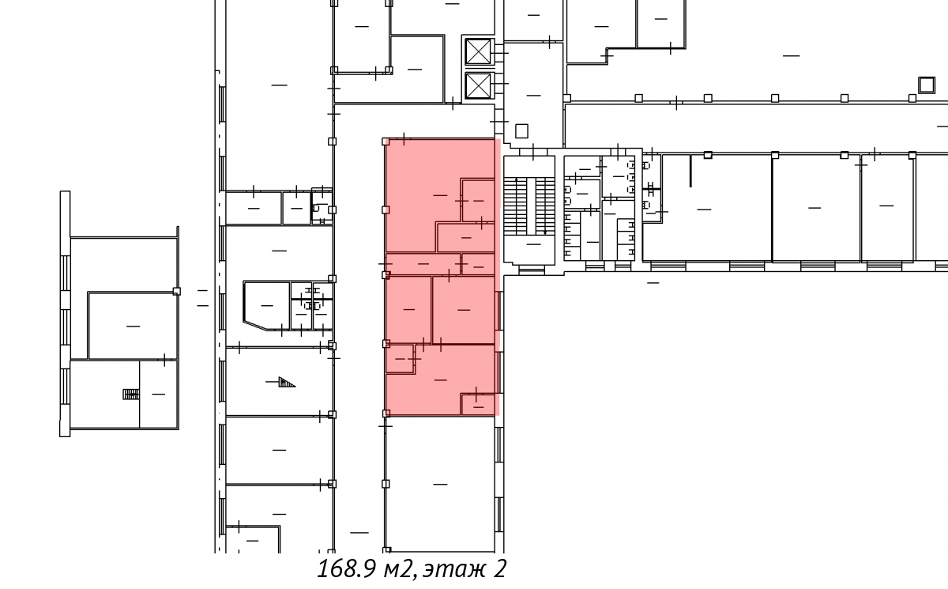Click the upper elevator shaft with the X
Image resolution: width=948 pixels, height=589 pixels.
[x=478, y=51]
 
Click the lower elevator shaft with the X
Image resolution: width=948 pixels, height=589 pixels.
[x=478, y=85]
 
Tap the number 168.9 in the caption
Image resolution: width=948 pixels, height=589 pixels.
[x=346, y=568]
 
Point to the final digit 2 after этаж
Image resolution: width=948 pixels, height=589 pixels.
[x=499, y=569]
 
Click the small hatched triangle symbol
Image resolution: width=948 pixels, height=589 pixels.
[x=286, y=382]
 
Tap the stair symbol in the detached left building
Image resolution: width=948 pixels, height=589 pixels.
[x=131, y=395]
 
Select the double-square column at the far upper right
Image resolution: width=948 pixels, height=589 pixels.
[x=926, y=85]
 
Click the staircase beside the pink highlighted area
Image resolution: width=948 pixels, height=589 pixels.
[x=529, y=210]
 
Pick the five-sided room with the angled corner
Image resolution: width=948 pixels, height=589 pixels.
[x=267, y=306]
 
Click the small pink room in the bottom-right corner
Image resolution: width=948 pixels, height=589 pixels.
[x=478, y=405]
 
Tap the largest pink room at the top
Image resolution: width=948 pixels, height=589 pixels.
[x=423, y=194]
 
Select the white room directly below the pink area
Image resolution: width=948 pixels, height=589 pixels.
[x=440, y=484]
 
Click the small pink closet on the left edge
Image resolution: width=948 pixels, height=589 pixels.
[x=400, y=359]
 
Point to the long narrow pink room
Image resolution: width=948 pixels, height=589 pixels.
[x=423, y=264]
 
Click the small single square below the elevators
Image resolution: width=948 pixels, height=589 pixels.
[x=521, y=130]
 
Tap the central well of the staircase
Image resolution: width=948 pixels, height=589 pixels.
[x=532, y=206]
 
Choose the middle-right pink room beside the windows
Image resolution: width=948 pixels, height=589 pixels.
[x=464, y=310]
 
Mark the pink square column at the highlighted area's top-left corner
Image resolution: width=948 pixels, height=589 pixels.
[x=386, y=142]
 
